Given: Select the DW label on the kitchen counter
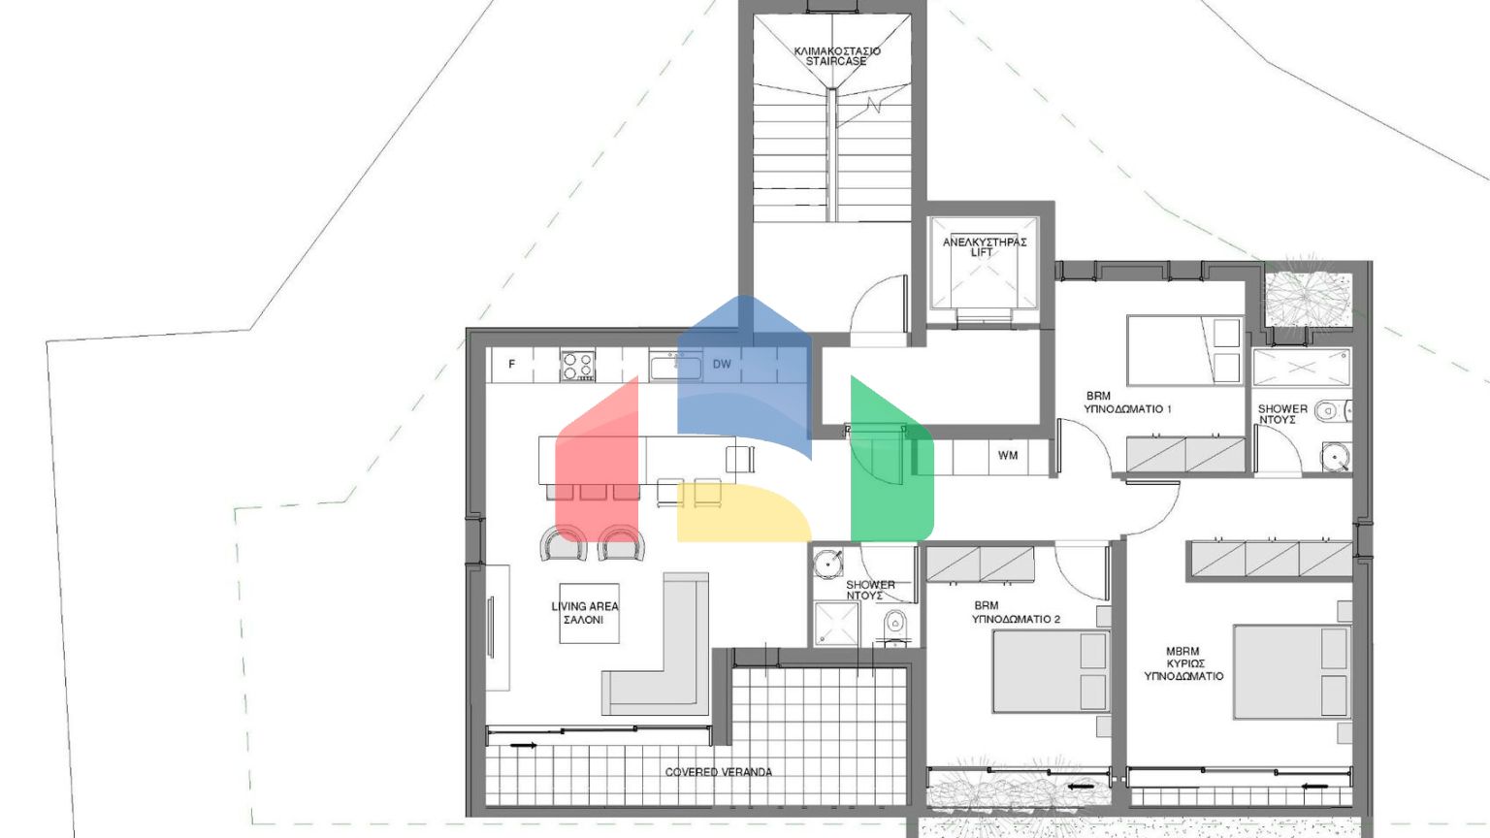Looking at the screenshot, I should point(722,365).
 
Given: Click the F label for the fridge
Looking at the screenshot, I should point(512,365).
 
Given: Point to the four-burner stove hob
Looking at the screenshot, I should point(578,366).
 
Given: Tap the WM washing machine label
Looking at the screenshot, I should point(1008,455).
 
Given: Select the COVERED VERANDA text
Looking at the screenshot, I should point(719,772).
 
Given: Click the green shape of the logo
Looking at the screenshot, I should point(888,466).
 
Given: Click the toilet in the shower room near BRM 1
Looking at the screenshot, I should point(1328,411).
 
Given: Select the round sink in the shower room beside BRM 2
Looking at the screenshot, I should point(827,563).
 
